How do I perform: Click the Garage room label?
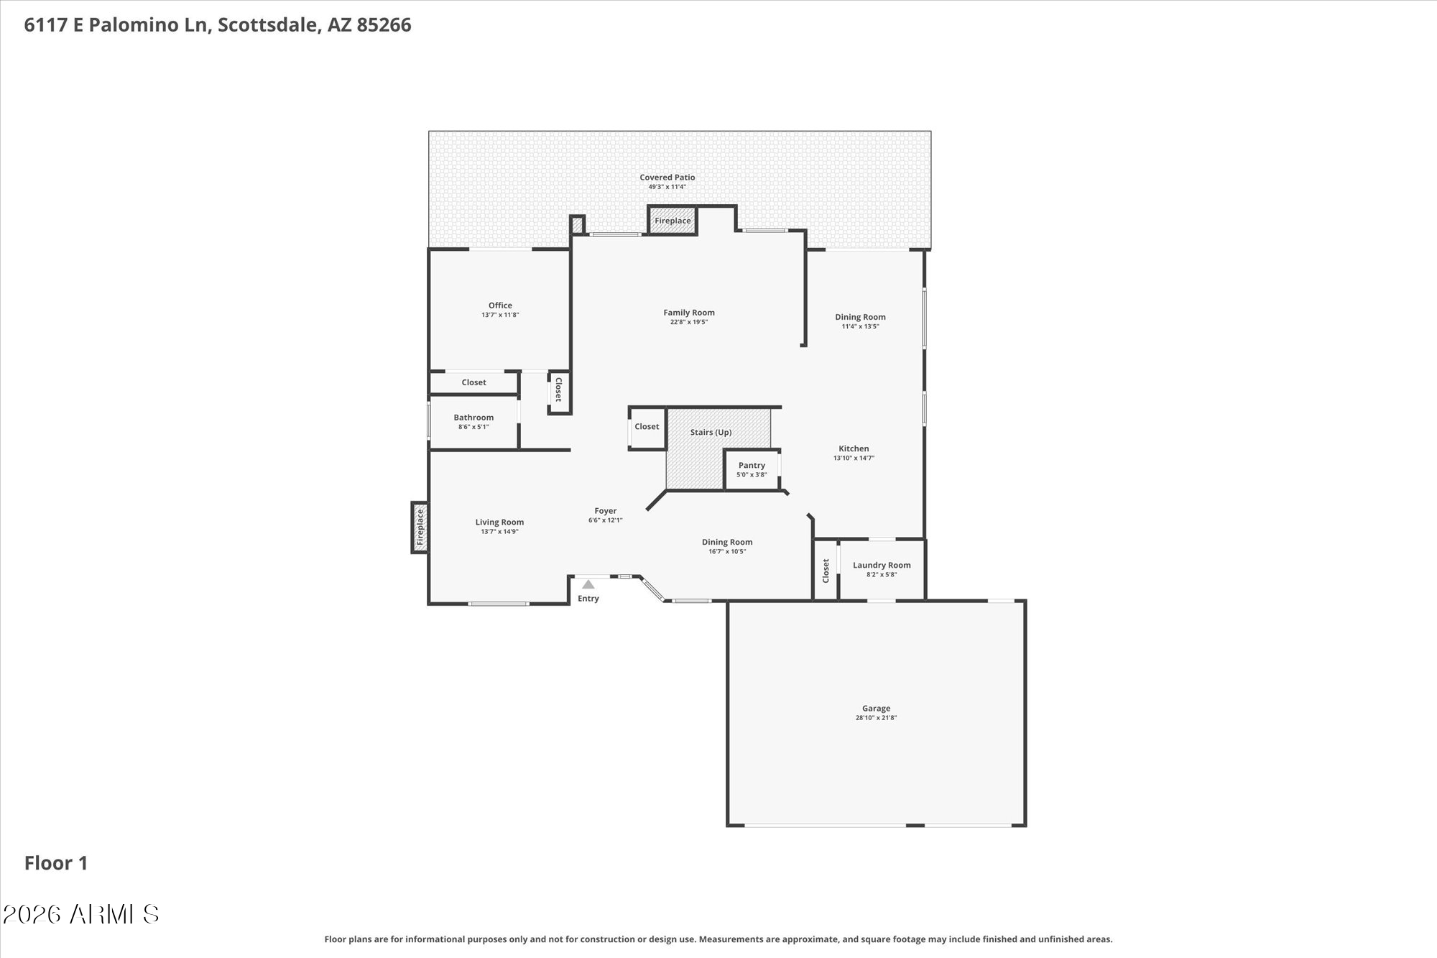coord(876,708)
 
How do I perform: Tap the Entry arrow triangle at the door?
coord(588,584)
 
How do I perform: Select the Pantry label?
coord(752,465)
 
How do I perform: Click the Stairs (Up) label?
coord(711,432)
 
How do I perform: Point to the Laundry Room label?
coord(882,565)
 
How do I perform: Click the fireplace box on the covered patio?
coord(673,221)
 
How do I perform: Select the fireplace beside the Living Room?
coord(420,527)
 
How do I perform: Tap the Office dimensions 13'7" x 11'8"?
coord(500,315)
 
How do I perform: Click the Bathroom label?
coord(473,417)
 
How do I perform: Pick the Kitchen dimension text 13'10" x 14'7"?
coord(854,458)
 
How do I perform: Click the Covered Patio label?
coord(667,177)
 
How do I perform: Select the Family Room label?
coord(688,312)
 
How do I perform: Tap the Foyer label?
coord(605,511)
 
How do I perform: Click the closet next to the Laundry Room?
coord(826,570)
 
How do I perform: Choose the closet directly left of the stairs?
coord(647,427)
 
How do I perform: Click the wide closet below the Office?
coord(473,382)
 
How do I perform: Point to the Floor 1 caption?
coord(56,862)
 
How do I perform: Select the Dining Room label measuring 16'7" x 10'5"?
coord(727,542)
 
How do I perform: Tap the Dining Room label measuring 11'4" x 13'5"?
coord(860,316)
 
